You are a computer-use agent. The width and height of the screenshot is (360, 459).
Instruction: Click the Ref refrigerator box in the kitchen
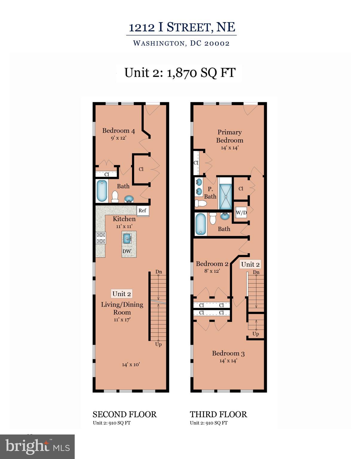143,210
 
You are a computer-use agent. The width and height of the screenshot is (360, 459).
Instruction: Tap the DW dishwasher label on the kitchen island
127,251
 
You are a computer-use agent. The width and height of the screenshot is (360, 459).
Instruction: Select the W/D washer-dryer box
241,212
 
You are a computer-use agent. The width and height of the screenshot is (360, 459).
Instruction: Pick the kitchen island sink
127,238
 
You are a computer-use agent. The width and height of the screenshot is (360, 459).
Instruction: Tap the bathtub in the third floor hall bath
200,224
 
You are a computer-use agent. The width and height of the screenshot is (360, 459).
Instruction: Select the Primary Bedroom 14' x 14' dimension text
229,148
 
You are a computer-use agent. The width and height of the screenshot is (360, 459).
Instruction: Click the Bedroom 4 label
118,131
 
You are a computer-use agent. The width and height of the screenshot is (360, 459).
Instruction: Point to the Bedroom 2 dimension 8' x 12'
212,271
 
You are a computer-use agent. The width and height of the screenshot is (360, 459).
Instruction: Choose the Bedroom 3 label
228,354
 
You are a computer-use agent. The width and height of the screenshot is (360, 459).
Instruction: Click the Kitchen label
124,219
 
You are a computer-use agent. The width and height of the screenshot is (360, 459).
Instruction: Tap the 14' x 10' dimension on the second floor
131,365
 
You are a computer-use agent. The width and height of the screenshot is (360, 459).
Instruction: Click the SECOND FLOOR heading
125,414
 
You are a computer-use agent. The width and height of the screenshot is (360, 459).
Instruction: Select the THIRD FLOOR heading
218,414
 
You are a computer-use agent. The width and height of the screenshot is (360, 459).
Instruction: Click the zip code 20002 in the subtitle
217,43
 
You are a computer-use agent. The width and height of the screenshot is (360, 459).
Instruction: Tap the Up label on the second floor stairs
158,345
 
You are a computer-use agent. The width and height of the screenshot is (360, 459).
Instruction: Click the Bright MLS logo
37,446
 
